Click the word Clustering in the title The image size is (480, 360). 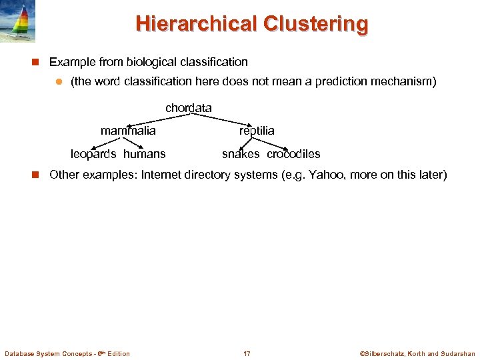(x=315, y=23)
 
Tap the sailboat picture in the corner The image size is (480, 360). (x=17, y=21)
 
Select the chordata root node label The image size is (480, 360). (x=189, y=108)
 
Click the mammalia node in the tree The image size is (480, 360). (x=128, y=131)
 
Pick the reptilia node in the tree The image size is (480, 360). (x=257, y=131)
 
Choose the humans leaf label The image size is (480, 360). (x=145, y=154)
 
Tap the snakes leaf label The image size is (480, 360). (x=241, y=154)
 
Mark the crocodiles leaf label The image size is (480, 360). (x=293, y=154)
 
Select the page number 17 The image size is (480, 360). (x=247, y=353)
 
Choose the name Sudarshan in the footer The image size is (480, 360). (x=459, y=353)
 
